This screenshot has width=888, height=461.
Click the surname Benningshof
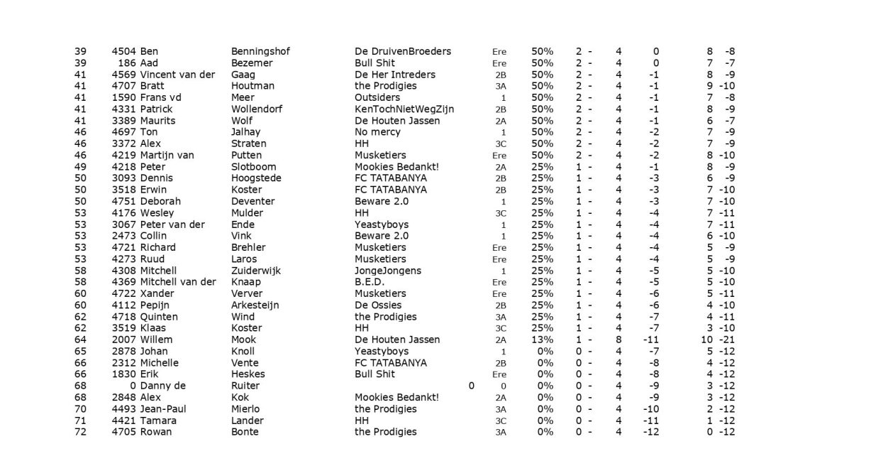coord(260,52)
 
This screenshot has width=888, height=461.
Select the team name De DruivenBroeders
coord(402,52)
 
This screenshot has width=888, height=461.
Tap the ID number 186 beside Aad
coord(128,63)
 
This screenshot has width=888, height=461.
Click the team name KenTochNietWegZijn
coord(404,109)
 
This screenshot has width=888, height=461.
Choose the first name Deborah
coord(160,202)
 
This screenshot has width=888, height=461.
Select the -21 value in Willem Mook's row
coord(727,340)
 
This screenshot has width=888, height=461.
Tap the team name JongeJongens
coord(387,271)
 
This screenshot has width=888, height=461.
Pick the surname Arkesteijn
coord(255,305)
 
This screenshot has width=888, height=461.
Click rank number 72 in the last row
coord(80,432)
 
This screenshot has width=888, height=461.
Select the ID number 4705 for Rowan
coord(124,432)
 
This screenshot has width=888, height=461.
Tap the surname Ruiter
coord(245,386)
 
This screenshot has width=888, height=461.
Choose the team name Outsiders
coord(377,98)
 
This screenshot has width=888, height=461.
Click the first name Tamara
coord(158,421)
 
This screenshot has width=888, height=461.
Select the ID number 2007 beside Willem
coord(124,340)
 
